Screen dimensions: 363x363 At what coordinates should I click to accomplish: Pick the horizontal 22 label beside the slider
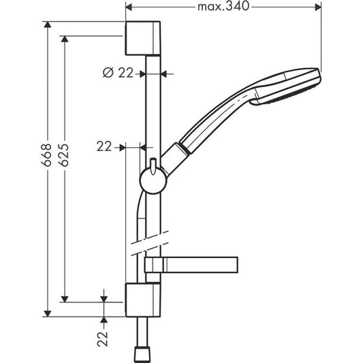point(104,146)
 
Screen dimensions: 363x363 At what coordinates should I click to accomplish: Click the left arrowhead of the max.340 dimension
point(129,8)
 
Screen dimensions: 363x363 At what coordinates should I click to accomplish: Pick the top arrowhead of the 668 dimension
point(48,25)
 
